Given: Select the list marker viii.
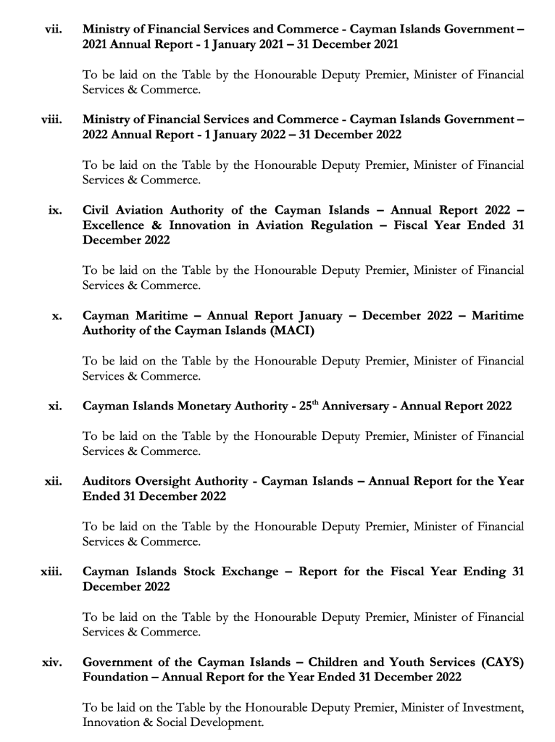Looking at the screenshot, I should pos(51,120).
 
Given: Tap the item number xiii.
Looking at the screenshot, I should pos(51,572).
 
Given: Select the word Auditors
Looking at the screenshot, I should pos(109,481).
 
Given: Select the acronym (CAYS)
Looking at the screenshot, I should pos(498,662).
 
